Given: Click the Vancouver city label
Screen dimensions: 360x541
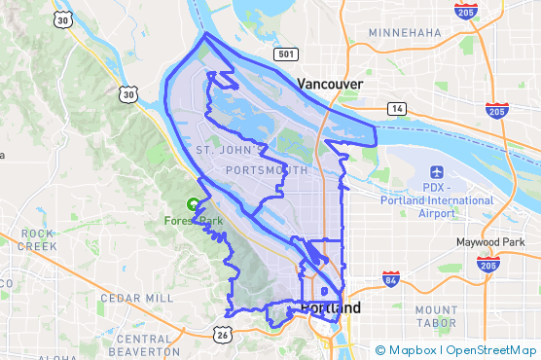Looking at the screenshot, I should (331, 85).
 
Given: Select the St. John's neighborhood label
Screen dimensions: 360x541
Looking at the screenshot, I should (230, 151).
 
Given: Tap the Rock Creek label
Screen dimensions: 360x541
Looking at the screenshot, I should (38, 240).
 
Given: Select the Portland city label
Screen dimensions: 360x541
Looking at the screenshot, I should (331, 308).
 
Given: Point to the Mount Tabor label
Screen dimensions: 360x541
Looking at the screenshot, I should (436, 317).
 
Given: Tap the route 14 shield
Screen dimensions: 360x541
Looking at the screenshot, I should (396, 108).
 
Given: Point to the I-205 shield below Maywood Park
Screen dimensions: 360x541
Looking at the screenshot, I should (487, 264).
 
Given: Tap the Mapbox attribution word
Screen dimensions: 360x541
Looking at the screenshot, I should (412, 350).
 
